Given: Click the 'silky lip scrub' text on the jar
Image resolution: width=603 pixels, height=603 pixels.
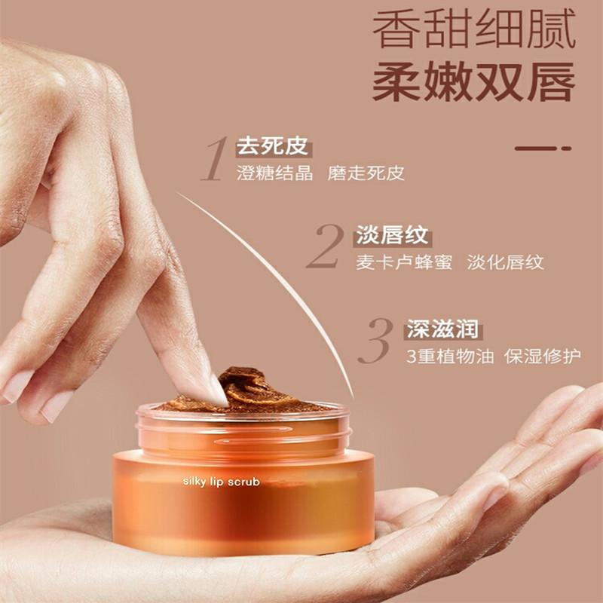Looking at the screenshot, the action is (221, 482).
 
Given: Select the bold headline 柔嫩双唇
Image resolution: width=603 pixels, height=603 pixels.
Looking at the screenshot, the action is (474, 81).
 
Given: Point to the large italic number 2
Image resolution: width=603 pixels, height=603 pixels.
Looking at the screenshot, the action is (326, 246).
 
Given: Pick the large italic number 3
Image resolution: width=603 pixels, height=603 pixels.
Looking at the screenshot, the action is (375, 341).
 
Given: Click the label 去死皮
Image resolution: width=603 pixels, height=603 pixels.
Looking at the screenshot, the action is (272, 146).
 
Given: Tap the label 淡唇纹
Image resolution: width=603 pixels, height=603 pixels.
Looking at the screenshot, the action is (392, 234).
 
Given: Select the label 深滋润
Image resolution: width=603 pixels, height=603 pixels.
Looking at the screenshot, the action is (442, 329).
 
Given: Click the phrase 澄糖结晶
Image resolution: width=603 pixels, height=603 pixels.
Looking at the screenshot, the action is (274, 173).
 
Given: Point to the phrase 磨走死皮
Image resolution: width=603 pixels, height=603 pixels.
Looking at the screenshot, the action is (366, 173).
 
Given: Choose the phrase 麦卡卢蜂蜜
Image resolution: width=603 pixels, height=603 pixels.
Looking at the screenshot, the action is (404, 262).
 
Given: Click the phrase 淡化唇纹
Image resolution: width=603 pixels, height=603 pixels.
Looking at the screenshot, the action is (505, 262).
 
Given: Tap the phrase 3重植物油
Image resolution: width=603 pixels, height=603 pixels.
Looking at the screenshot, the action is (450, 357).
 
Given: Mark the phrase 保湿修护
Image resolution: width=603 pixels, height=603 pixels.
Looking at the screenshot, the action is (542, 357).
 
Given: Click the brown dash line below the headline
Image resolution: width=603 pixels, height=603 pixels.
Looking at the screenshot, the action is (543, 148).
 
